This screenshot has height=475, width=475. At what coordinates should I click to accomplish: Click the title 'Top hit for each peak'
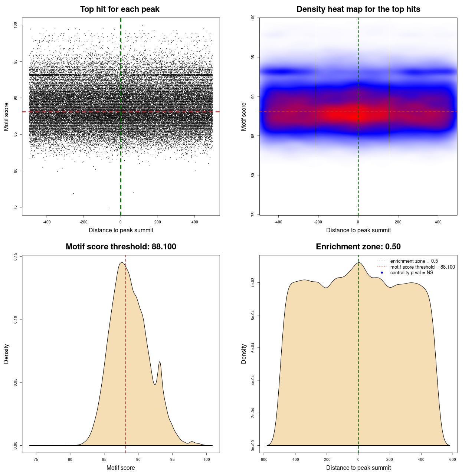pyautogui.click(x=119, y=9)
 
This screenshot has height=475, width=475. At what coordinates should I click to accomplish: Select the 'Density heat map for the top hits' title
pyautogui.click(x=358, y=9)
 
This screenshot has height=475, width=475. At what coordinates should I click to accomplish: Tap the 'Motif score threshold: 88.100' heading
pyautogui.click(x=121, y=247)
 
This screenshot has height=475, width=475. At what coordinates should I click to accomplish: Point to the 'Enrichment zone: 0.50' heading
pyautogui.click(x=358, y=247)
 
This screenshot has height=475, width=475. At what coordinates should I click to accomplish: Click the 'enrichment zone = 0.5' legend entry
pyautogui.click(x=414, y=261)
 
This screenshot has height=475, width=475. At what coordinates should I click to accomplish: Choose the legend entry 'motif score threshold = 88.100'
pyautogui.click(x=422, y=267)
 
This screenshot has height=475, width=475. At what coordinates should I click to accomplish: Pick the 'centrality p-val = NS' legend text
pyautogui.click(x=412, y=273)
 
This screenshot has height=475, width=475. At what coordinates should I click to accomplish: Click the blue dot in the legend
pyautogui.click(x=382, y=273)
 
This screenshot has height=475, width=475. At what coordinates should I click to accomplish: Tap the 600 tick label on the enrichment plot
pyautogui.click(x=452, y=459)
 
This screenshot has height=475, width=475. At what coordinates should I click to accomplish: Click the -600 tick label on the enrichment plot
pyautogui.click(x=263, y=459)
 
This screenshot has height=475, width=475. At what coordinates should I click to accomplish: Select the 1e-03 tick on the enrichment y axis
pyautogui.click(x=253, y=283)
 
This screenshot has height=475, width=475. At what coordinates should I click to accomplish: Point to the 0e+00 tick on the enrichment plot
pyautogui.click(x=253, y=445)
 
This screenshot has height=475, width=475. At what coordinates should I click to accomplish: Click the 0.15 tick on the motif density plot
pyautogui.click(x=15, y=256)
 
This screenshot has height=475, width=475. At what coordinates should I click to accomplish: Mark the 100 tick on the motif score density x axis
pyautogui.click(x=207, y=459)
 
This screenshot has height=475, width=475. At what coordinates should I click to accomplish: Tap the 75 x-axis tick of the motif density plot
pyautogui.click(x=36, y=459)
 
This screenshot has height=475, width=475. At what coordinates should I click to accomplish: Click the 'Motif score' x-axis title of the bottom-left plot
pyautogui.click(x=121, y=468)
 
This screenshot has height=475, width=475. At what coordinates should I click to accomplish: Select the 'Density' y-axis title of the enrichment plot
pyautogui.click(x=244, y=354)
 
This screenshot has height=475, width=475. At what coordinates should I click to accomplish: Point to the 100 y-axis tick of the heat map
pyautogui.click(x=253, y=17)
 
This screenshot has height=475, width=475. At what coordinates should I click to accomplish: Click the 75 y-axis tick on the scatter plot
pyautogui.click(x=15, y=207)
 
